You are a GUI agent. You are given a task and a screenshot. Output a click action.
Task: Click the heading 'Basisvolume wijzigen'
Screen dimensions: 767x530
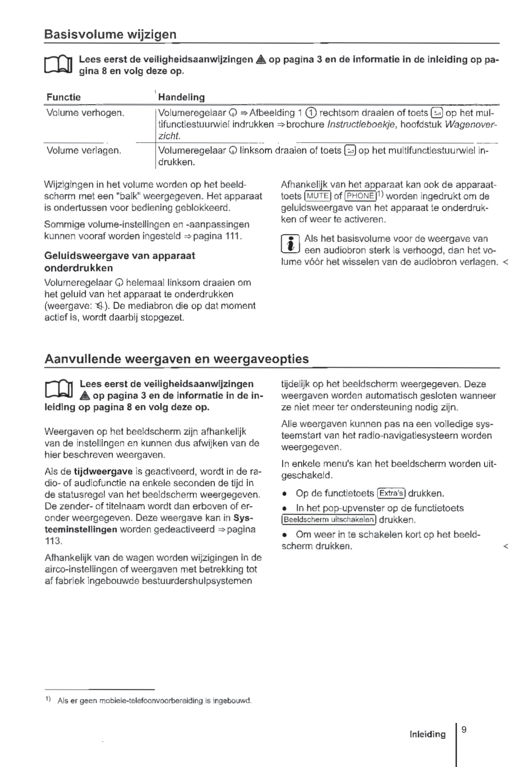(x=110, y=35)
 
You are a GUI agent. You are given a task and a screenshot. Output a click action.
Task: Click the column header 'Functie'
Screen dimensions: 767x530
(x=64, y=97)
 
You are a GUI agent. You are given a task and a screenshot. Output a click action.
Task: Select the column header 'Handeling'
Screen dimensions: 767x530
(x=181, y=97)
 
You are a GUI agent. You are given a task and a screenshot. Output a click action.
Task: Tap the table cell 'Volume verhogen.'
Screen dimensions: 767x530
(x=85, y=113)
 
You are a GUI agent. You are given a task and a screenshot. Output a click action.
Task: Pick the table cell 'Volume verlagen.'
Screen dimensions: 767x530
(x=84, y=150)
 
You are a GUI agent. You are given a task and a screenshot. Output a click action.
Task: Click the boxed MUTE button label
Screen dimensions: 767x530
(x=317, y=196)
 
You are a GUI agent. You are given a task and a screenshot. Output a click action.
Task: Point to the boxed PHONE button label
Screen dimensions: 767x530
(x=360, y=196)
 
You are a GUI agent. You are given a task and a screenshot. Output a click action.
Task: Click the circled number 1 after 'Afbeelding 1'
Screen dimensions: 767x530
(x=311, y=113)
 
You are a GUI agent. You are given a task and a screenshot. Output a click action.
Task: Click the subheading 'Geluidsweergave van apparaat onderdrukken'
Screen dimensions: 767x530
(x=120, y=262)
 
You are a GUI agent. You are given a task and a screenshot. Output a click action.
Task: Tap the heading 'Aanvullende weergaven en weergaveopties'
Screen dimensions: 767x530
(x=176, y=359)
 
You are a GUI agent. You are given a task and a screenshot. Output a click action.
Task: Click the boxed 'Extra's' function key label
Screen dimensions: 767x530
(x=392, y=493)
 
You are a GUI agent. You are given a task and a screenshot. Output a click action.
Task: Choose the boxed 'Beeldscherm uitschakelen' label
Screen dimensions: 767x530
(x=329, y=520)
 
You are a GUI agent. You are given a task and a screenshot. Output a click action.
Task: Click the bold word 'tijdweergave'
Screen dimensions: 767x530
(x=103, y=472)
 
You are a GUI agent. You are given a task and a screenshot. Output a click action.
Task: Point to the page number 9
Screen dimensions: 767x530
(x=464, y=730)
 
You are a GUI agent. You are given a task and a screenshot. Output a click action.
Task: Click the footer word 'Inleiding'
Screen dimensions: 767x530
(x=427, y=734)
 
